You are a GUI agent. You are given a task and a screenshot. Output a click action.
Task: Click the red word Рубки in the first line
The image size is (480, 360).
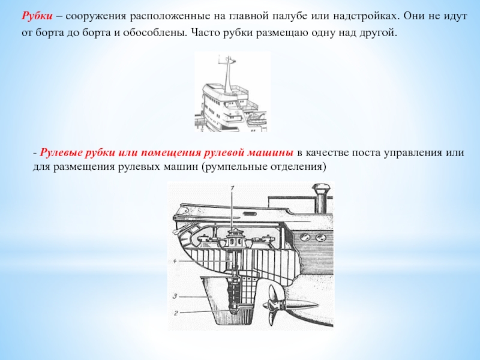tap(37, 16)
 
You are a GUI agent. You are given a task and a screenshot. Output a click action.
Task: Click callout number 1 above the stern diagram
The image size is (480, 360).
tap(232, 188)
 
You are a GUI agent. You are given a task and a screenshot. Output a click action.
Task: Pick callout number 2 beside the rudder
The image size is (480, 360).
tap(176, 313)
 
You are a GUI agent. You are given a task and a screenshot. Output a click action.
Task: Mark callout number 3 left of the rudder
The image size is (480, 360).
tap(175, 296)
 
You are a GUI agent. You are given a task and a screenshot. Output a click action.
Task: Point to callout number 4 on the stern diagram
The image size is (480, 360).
tap(175, 261)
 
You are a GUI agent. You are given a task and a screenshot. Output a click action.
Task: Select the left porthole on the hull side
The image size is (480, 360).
tap(305, 236)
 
